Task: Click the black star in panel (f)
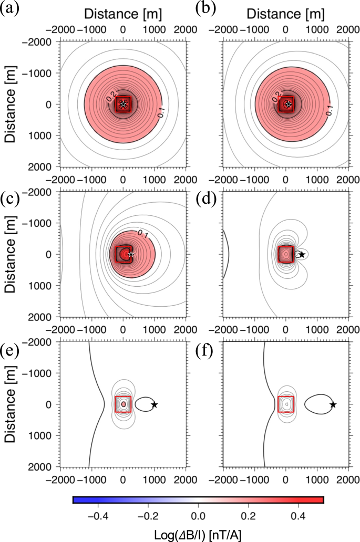(x=333, y=404)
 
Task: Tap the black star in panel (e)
(x=154, y=404)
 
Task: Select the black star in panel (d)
(x=302, y=255)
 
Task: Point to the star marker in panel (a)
(x=123, y=104)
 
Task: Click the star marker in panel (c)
(x=131, y=254)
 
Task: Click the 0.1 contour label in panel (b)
(x=329, y=110)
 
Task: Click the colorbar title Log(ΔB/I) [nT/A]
(x=198, y=531)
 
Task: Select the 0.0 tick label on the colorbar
(x=198, y=513)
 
